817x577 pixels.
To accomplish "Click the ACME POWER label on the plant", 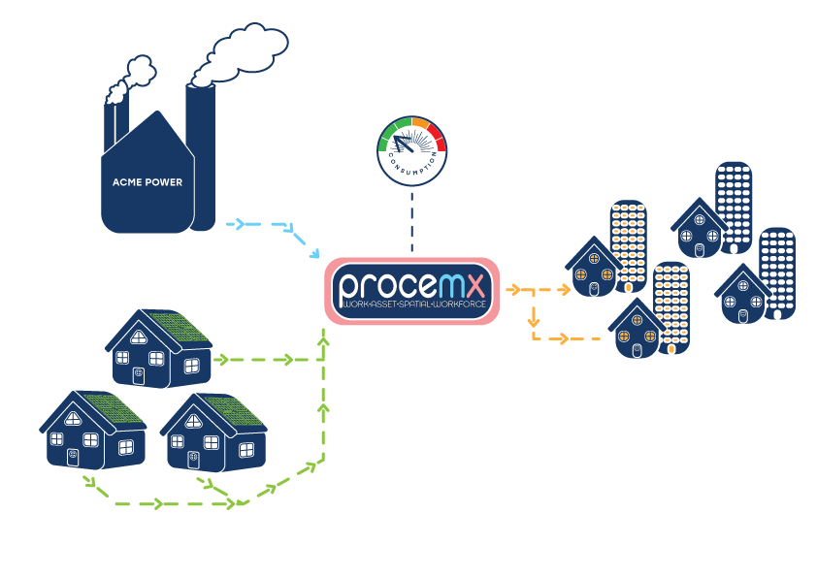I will [x=147, y=182].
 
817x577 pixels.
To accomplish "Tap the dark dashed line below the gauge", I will [x=411, y=218].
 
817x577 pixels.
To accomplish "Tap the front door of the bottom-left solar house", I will [x=73, y=456].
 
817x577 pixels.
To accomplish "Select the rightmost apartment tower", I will [x=778, y=272].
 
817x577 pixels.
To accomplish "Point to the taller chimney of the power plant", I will [x=203, y=155].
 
